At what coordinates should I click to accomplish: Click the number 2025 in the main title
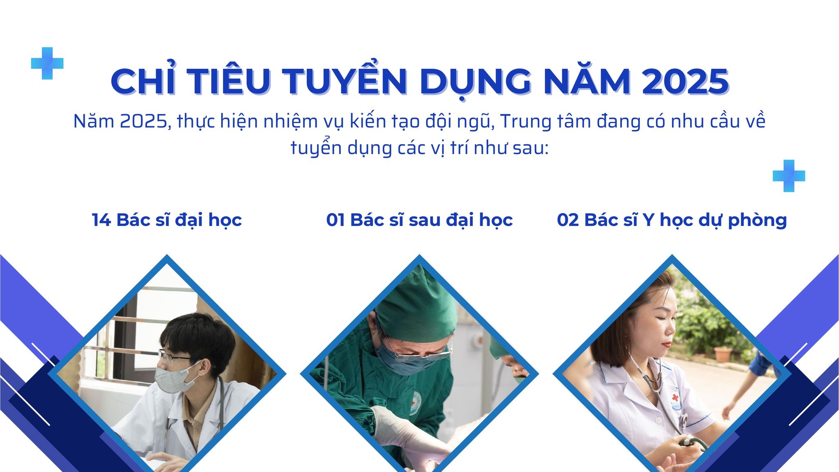(680, 82)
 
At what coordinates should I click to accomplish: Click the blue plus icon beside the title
(48, 63)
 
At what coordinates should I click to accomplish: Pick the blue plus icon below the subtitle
(789, 176)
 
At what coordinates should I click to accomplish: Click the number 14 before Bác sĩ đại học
(101, 220)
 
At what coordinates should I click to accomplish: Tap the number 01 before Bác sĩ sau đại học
(336, 220)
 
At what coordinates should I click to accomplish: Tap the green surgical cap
(416, 302)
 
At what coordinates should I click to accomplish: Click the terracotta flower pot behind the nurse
(722, 354)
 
